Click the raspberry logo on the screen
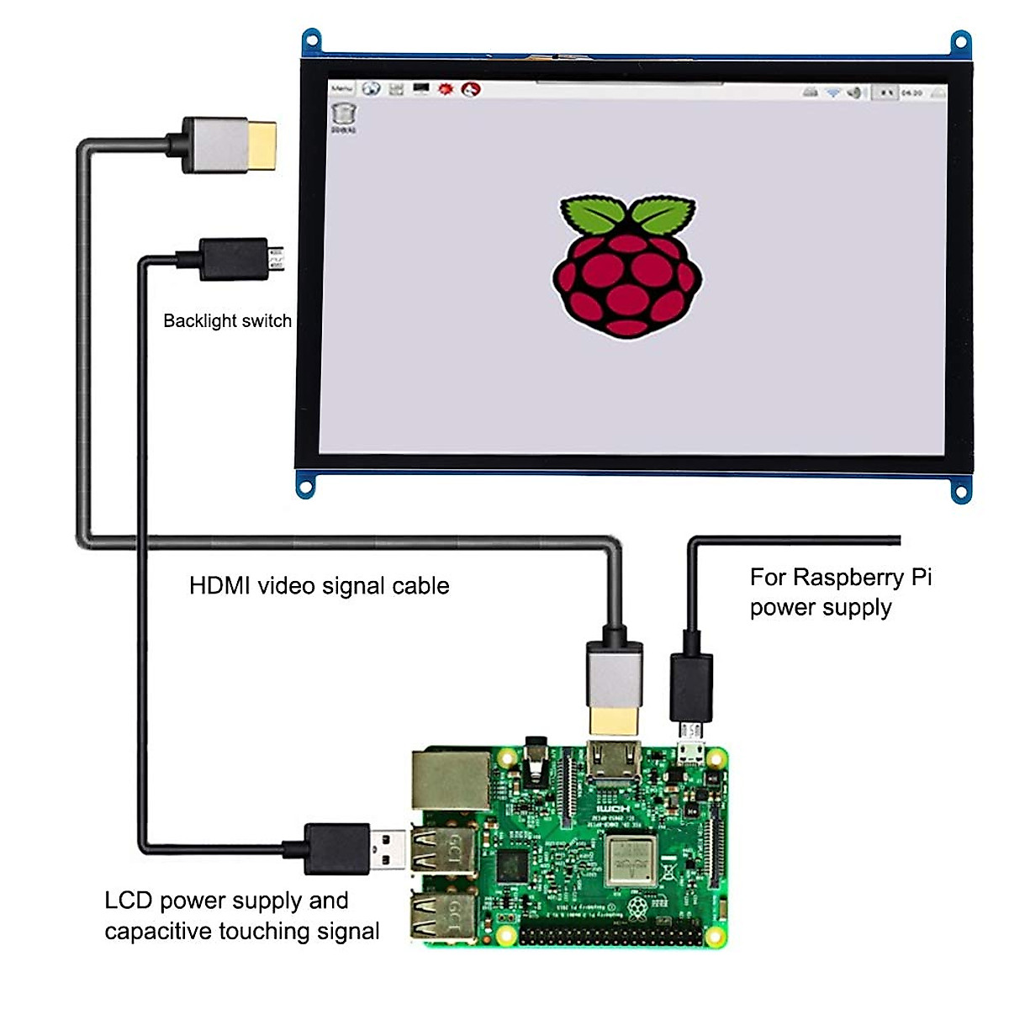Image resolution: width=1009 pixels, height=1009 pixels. coord(626,266)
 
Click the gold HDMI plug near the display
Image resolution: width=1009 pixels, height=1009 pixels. coord(261,145)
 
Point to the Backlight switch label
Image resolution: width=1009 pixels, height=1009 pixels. coord(227,321)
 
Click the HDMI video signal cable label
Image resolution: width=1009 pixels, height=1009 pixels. coord(319,586)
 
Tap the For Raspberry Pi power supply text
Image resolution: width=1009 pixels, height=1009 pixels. coord(840,592)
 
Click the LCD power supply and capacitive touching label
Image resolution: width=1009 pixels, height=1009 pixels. coord(241,916)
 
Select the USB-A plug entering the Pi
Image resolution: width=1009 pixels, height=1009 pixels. coord(388,849)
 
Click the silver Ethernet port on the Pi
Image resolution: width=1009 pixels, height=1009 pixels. coord(451,779)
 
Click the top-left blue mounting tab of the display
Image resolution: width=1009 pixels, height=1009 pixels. coord(312,40)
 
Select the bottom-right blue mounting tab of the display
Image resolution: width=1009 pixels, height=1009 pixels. coord(961,489)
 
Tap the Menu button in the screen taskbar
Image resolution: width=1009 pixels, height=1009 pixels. coord(341,88)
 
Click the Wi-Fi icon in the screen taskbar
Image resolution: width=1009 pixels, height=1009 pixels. coord(832,92)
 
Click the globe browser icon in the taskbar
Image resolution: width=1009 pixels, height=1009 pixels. coord(371,88)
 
